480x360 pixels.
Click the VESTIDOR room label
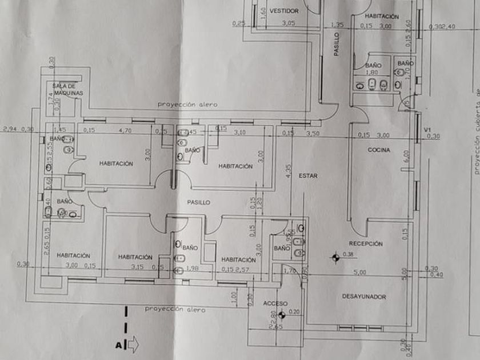point(285,11)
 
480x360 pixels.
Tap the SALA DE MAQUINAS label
point(68,89)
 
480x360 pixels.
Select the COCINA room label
point(379,150)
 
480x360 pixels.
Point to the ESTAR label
point(307,176)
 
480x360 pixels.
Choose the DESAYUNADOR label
point(365,297)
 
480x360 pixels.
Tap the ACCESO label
point(275,303)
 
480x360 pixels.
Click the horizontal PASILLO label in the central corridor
point(198,202)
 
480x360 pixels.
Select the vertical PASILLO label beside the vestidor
point(337,43)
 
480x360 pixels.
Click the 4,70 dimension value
point(125,130)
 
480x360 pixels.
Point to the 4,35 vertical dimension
point(289,171)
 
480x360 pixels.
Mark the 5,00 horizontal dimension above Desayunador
point(359,273)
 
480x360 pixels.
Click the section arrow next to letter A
point(132,345)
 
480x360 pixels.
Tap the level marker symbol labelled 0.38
point(334,258)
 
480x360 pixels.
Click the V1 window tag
point(426,130)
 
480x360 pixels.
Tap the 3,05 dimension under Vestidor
point(289,23)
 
